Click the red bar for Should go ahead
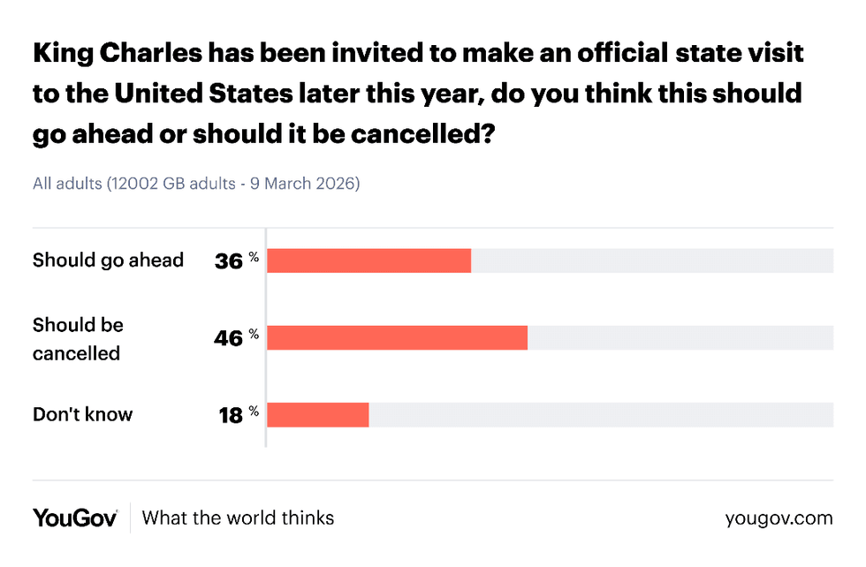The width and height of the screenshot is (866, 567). click(368, 261)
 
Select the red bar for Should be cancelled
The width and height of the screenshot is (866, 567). click(397, 337)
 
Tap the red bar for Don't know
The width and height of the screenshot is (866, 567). click(317, 414)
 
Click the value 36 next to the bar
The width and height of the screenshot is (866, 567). click(229, 261)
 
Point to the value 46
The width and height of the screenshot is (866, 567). click(229, 338)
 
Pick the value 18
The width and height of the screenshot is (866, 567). click(230, 415)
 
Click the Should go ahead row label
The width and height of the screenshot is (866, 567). click(108, 260)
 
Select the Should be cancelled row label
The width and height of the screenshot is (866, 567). click(78, 338)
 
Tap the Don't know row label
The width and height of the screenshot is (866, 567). click(82, 413)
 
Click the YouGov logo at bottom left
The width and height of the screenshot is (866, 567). click(75, 518)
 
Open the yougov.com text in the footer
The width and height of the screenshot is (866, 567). click(778, 518)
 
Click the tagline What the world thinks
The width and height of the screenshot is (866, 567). click(238, 518)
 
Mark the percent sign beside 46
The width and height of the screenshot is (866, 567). click(254, 333)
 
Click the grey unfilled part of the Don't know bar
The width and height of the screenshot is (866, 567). click(601, 414)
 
